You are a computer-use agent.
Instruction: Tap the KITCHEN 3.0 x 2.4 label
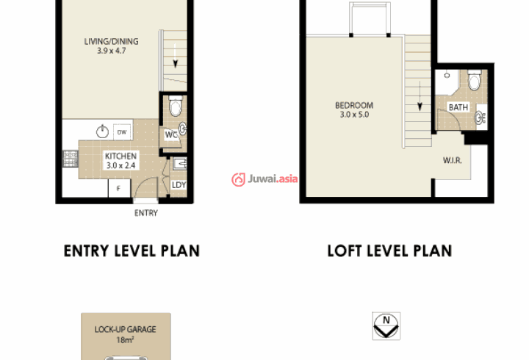[120, 161]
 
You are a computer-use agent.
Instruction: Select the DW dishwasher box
[122, 132]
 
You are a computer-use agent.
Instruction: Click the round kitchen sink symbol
[102, 132]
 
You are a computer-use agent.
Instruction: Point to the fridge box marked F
[119, 188]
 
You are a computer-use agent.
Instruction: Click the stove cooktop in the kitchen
[71, 159]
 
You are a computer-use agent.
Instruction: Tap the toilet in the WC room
[175, 106]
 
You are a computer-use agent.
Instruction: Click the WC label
[171, 135]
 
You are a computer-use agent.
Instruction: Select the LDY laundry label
[179, 185]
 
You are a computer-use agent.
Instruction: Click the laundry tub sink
[180, 163]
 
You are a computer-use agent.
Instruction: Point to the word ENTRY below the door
[145, 213]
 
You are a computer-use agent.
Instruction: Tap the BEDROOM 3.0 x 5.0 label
[354, 109]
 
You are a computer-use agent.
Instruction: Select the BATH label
[458, 107]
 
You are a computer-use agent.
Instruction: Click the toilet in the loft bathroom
[475, 79]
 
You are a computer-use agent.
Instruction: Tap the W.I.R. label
[452, 160]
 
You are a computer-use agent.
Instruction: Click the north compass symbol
[386, 326]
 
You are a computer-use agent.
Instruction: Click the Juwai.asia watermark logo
[264, 179]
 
